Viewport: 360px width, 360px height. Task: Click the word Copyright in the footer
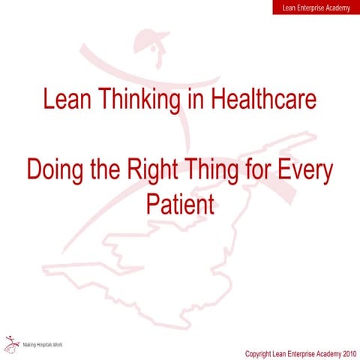[x=262, y=353]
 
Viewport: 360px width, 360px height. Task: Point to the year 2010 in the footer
[x=346, y=353]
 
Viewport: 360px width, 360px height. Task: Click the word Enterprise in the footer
[x=307, y=353]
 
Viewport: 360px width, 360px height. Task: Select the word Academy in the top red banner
[x=336, y=7]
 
